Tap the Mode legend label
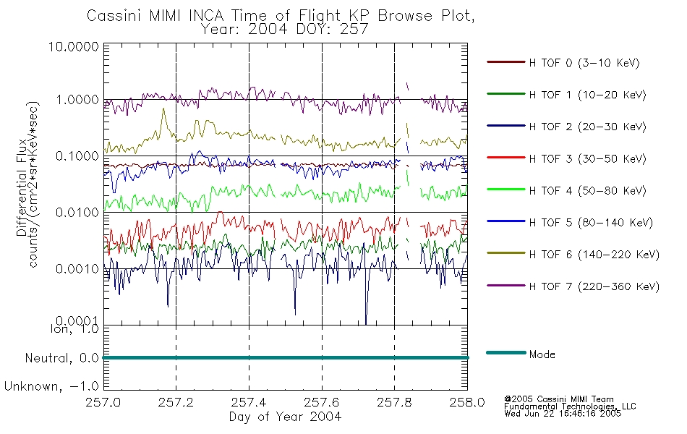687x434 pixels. tap(542, 354)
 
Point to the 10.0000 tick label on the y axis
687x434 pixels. tap(74, 46)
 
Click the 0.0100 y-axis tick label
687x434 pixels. tap(77, 213)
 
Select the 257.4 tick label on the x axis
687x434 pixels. tap(249, 402)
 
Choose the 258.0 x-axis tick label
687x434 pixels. tap(467, 402)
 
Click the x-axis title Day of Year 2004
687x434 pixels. tap(285, 417)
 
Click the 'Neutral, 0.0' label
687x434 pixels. tap(61, 359)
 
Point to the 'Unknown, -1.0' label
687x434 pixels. tap(51, 387)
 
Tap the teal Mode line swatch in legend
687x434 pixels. tap(506, 353)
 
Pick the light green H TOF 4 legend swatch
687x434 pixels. tap(506, 190)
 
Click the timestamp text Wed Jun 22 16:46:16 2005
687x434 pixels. tap(563, 414)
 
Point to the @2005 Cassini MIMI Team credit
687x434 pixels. tap(558, 399)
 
